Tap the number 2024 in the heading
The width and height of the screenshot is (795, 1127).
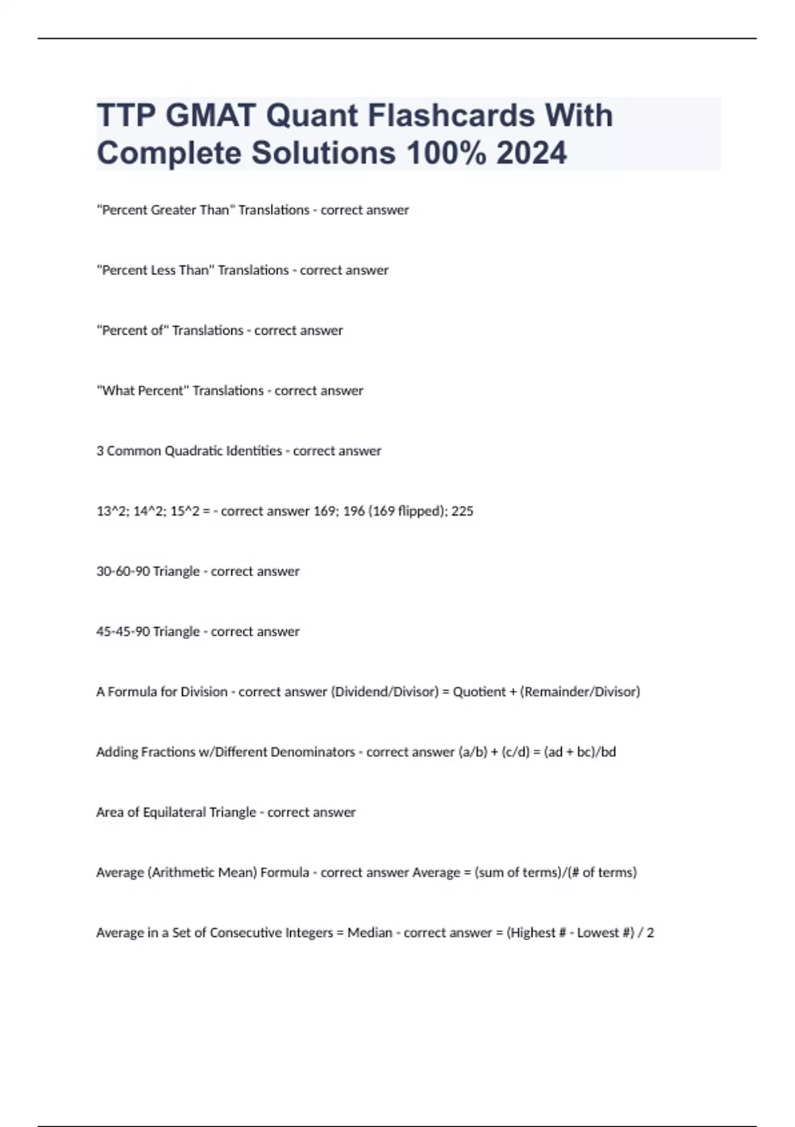531,153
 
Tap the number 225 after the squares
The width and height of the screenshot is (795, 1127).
462,511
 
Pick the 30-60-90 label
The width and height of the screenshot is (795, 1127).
123,571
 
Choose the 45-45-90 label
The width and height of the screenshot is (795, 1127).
123,632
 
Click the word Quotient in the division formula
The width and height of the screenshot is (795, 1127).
478,692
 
